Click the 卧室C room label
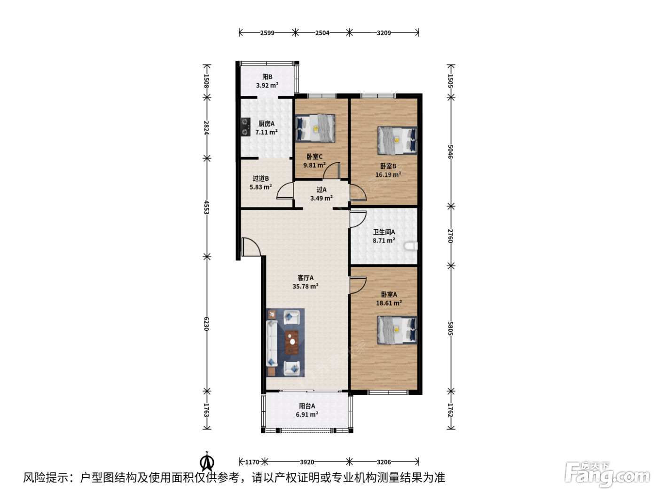click(x=314, y=157)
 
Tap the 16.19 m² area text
click(x=388, y=175)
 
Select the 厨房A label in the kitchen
click(x=266, y=124)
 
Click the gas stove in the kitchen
click(x=245, y=127)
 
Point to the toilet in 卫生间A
click(x=411, y=246)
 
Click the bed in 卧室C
click(x=315, y=128)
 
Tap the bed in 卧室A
click(x=397, y=330)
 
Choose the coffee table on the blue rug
click(x=291, y=342)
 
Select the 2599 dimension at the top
click(x=267, y=32)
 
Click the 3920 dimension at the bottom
click(x=307, y=462)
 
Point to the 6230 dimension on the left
click(x=206, y=324)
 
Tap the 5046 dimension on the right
click(x=451, y=151)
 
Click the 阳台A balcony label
click(x=307, y=406)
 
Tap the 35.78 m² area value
click(x=305, y=287)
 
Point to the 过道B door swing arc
click(x=284, y=191)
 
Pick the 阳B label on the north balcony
click(x=267, y=77)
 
